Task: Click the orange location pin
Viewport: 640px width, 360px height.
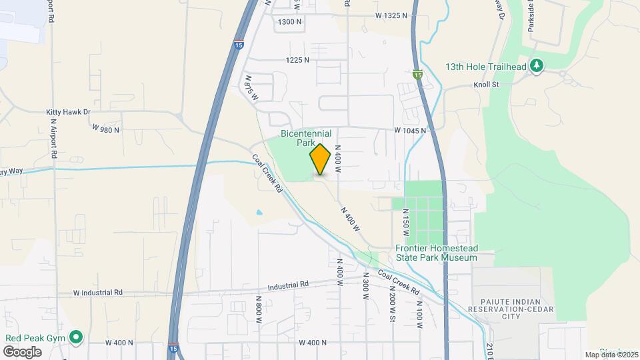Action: point(320,159)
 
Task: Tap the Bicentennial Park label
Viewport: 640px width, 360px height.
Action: point(306,138)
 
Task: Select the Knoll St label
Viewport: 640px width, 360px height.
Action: point(486,85)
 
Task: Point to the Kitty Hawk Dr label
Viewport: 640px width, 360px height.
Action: point(67,113)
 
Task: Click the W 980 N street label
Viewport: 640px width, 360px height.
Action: point(105,129)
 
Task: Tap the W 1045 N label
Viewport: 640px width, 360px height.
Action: point(409,131)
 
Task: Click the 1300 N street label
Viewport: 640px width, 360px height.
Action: point(290,22)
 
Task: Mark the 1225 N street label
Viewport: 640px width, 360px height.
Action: point(297,60)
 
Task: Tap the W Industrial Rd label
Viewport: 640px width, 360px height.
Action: point(98,292)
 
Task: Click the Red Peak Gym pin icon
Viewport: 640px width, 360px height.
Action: point(77,338)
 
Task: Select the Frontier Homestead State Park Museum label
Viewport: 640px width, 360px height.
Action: point(437,253)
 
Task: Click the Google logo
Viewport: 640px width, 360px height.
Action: point(22,351)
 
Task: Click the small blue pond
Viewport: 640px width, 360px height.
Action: point(259,213)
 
